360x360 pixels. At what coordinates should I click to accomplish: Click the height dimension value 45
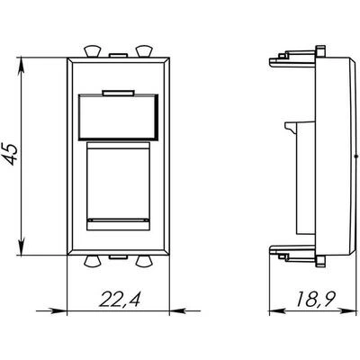coord(12,154)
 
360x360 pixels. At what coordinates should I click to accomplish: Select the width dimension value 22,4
coord(119,299)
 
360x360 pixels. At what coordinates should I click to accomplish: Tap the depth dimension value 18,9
coord(315,298)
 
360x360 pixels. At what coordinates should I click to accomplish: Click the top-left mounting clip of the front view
coord(92,51)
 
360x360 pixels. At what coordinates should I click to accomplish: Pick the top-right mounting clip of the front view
coord(144,51)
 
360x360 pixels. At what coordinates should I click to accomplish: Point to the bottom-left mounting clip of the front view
coord(92,261)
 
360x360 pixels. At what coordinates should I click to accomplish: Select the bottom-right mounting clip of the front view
coord(144,261)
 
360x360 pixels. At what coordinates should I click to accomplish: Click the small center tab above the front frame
coord(118,56)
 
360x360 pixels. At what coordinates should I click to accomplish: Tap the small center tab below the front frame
coord(118,257)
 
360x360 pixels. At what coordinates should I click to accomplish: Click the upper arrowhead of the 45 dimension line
coord(22,65)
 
